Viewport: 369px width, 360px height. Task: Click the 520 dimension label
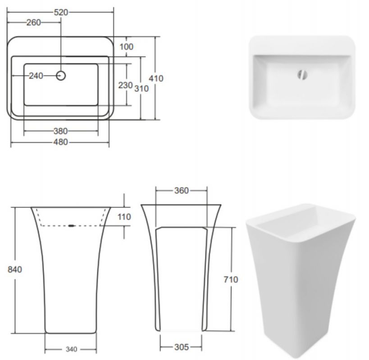[61, 12]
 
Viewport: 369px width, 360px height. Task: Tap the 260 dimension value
[33, 22]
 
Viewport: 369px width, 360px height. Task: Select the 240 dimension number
[36, 76]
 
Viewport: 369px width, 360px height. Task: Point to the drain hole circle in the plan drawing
[61, 76]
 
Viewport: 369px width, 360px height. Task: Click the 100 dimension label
[126, 47]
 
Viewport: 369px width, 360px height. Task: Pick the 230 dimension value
[125, 85]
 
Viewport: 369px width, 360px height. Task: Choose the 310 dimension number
[141, 89]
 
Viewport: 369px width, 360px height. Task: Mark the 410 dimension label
[156, 78]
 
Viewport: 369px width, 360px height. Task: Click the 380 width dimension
[61, 131]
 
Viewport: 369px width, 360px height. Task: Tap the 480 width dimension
[61, 142]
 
